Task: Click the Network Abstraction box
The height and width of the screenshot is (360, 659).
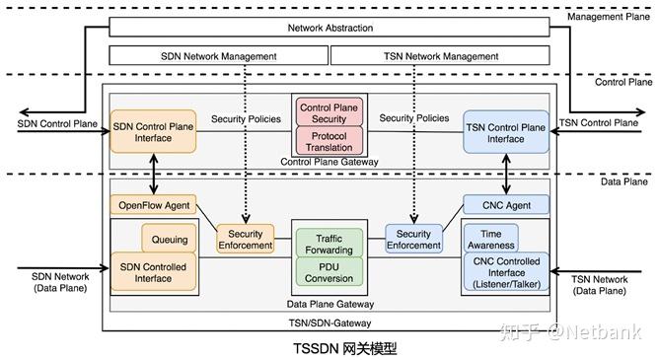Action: point(329,28)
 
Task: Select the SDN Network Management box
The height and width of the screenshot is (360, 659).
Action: point(218,56)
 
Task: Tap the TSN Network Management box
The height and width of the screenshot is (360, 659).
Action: point(439,56)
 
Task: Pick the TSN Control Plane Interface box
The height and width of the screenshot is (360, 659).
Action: point(505,131)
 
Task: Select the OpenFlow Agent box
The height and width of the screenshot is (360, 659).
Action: point(153,205)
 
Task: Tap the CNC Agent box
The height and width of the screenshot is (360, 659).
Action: point(505,205)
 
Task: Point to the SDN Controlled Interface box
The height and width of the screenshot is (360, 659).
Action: point(153,271)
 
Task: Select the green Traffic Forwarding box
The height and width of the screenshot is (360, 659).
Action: point(330,244)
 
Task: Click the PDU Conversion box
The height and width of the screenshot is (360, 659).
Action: point(330,271)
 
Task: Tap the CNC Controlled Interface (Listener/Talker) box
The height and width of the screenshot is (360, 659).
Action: point(505,272)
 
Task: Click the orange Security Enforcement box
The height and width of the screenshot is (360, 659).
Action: point(246,240)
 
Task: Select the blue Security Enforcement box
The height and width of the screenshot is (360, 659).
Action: point(413,240)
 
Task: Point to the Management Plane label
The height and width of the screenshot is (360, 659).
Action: point(612,17)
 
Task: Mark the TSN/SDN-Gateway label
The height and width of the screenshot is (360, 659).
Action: point(329,322)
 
